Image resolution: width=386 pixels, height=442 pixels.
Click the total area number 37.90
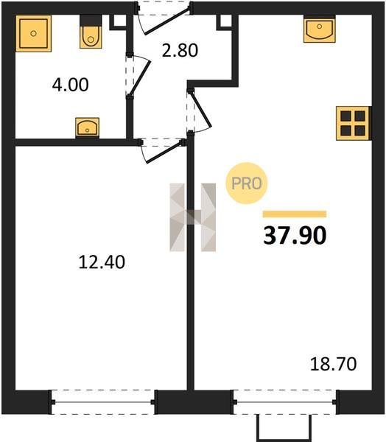[x=295, y=236]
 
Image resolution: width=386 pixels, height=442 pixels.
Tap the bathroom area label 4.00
[x=70, y=85]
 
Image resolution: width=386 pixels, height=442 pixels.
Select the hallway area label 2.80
[x=180, y=50]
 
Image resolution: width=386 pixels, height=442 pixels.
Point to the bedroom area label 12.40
[x=102, y=262]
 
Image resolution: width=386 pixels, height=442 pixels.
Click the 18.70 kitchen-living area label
[x=333, y=364]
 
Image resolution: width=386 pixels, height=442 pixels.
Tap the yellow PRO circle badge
[x=247, y=183]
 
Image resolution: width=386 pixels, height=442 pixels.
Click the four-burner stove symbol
[x=353, y=123]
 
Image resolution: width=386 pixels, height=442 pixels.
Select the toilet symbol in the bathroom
[x=91, y=32]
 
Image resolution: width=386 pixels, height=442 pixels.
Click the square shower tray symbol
[x=34, y=34]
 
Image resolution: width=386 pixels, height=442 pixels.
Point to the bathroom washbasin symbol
[x=87, y=127]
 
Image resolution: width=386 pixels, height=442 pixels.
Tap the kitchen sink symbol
[x=320, y=29]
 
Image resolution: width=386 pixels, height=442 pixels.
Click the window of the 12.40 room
[x=103, y=402]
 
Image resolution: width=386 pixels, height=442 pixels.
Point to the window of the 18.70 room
[x=285, y=402]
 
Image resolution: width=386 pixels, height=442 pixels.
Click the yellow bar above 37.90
[x=295, y=214]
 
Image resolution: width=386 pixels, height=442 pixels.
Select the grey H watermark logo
[x=193, y=217]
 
